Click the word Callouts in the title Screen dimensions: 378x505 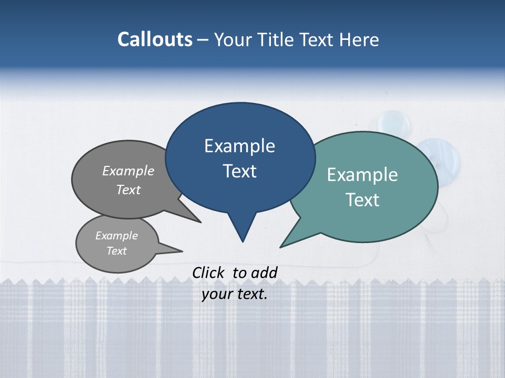(x=155, y=39)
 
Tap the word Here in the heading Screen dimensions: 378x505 (x=360, y=40)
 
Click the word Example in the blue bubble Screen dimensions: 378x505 (x=239, y=146)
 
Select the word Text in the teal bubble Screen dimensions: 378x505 (x=363, y=200)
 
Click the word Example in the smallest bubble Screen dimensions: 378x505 (x=116, y=236)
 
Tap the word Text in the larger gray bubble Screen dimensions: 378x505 (x=128, y=190)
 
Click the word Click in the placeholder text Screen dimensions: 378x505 (x=208, y=272)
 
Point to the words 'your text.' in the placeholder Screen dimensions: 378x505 (x=235, y=295)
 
